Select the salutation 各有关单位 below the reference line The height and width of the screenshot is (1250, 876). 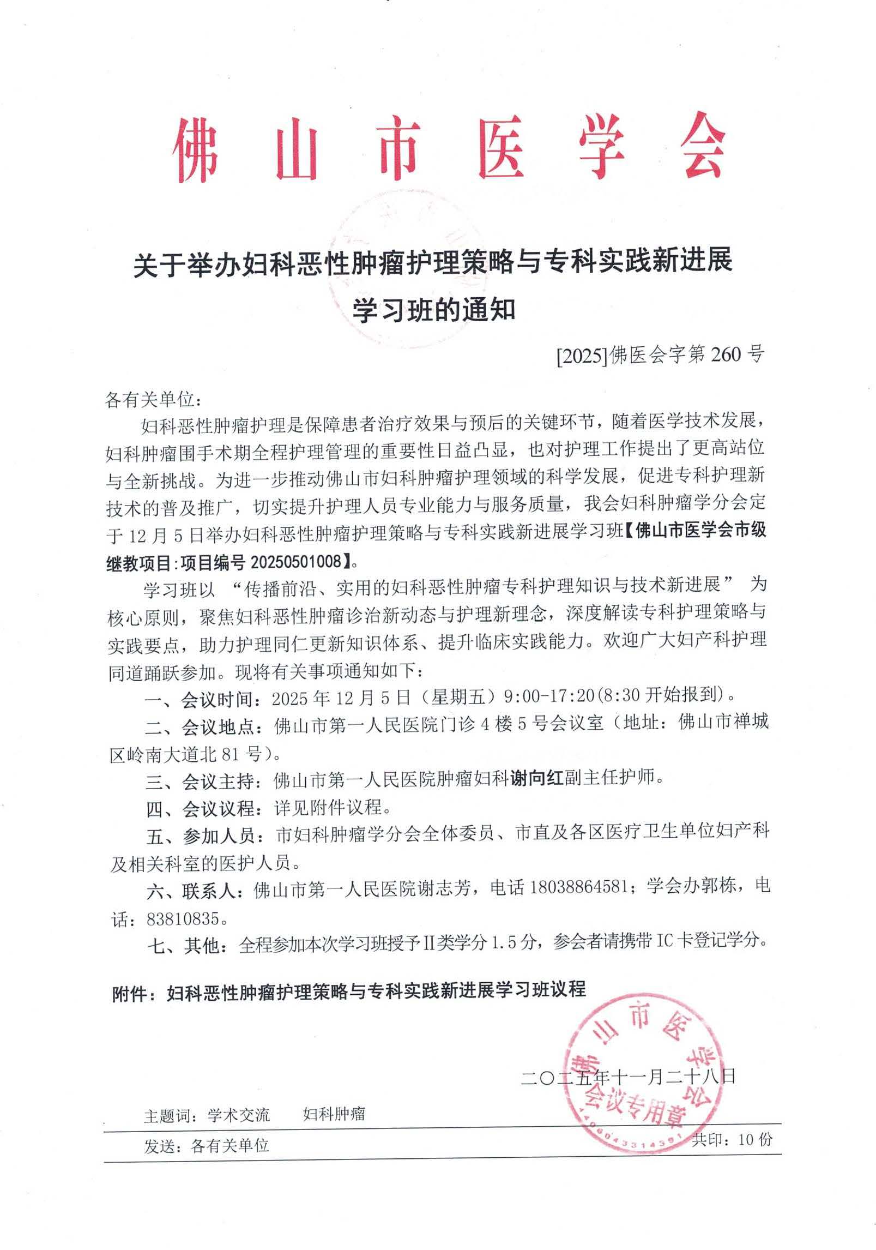pos(149,401)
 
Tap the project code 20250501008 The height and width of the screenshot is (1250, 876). pos(294,560)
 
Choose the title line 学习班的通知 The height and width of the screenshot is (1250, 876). pos(434,311)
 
